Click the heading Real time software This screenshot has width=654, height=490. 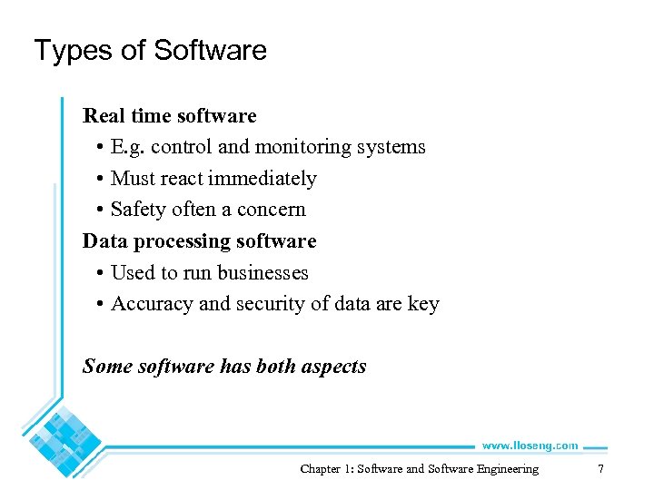pos(170,116)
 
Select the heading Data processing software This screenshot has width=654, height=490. pos(200,241)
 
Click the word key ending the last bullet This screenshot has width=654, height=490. pos(423,305)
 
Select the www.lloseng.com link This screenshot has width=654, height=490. pos(530,446)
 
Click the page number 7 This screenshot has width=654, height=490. pos(599,469)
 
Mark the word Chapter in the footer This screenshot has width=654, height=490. pos(321,469)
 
